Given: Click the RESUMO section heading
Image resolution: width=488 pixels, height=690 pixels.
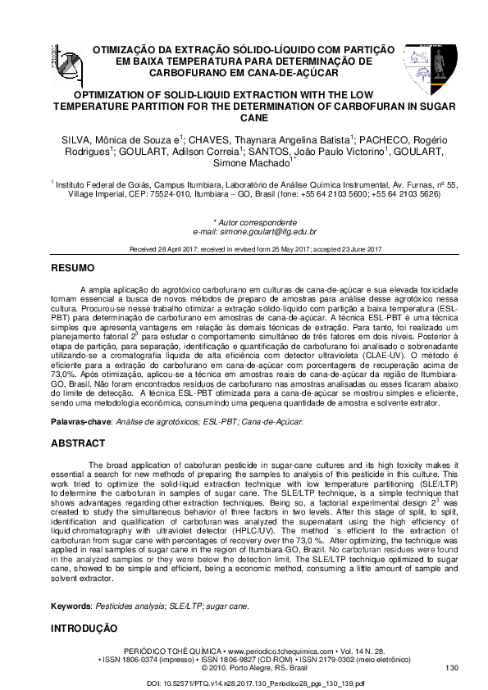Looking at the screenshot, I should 73,269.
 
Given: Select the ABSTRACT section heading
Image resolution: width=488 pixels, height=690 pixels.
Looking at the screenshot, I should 78,443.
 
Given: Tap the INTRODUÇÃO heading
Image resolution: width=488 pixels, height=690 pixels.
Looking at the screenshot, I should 85,629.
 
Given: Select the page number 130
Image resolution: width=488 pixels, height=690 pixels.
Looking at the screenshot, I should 450,669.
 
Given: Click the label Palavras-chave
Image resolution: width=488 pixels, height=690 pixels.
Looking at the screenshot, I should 82,422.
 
